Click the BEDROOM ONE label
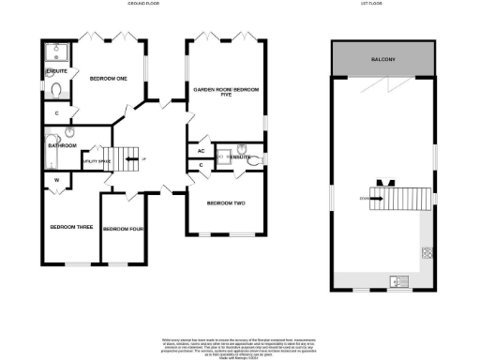(x=108, y=79)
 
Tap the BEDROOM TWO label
(x=226, y=203)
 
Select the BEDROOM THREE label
(x=69, y=228)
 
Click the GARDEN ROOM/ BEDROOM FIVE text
(x=225, y=92)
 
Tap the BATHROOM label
(x=63, y=146)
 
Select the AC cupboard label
(x=201, y=151)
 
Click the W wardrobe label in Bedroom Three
(x=56, y=179)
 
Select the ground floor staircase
(x=124, y=159)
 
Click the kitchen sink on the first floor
(x=399, y=279)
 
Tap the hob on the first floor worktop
(x=427, y=251)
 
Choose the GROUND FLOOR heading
(x=142, y=5)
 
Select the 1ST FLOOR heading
(x=383, y=5)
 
